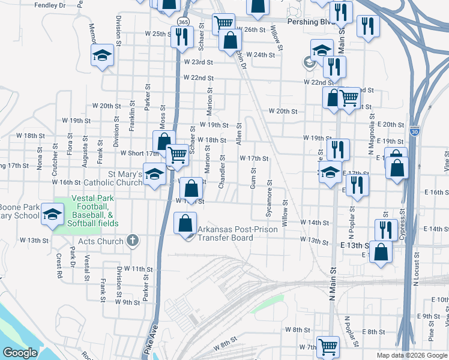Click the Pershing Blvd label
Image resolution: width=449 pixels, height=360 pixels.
click(309, 21)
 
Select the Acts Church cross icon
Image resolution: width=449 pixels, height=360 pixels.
click(133, 241)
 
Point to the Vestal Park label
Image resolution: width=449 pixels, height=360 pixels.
click(91, 198)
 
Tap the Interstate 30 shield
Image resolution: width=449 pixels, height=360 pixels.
click(415, 131)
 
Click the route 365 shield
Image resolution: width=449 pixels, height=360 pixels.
click(182, 22)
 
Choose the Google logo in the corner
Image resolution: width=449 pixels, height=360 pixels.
click(20, 352)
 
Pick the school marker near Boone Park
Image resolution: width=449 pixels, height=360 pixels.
click(52, 214)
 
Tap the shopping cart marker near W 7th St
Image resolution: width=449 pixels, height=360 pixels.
click(328, 346)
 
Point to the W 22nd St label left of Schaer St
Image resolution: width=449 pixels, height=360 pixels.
click(199, 78)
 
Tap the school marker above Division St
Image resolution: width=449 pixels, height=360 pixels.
click(102, 56)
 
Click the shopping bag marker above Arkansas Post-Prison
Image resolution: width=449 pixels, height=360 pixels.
click(191, 188)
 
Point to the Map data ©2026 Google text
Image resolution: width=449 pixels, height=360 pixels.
click(411, 355)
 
